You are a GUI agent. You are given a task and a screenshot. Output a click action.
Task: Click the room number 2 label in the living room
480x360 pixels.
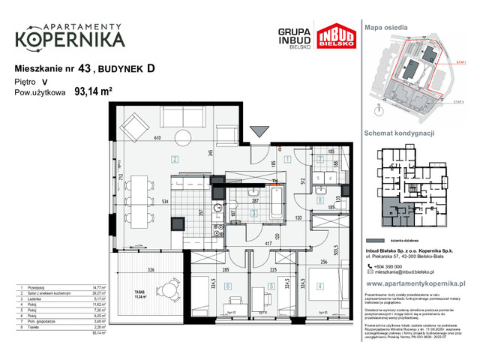(x=173, y=158)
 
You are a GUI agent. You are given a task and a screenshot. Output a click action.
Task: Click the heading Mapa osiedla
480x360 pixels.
(x=385, y=26)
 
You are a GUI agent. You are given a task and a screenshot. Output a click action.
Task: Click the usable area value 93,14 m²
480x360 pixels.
(x=93, y=94)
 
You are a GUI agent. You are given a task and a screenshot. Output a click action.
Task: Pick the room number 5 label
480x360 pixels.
(x=268, y=286)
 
